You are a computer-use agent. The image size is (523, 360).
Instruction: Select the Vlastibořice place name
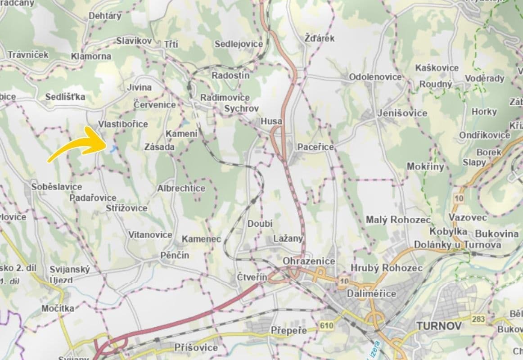123,124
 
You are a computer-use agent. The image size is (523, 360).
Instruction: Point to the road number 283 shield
479,319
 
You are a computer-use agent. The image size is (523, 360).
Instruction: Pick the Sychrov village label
241,108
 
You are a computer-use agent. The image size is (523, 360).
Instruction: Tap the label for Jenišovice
402,113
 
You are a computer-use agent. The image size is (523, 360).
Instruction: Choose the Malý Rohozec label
398,220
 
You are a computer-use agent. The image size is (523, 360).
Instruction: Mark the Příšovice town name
196,348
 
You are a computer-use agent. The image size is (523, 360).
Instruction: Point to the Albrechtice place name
181,189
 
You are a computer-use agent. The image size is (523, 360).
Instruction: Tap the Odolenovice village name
375,77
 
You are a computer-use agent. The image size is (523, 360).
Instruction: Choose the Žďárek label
319,38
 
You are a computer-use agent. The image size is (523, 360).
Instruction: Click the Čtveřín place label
252,278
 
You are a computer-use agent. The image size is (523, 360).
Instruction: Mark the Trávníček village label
28,54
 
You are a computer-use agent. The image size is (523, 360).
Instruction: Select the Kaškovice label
437,68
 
